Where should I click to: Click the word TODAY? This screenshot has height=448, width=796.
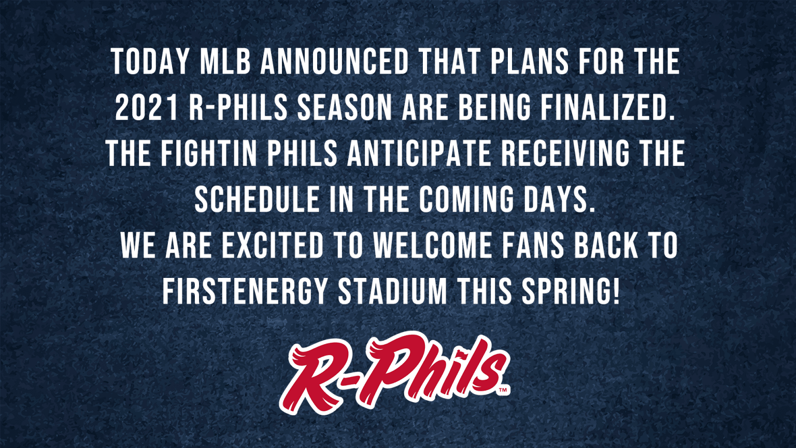click(150, 62)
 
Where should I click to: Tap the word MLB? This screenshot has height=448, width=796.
click(225, 62)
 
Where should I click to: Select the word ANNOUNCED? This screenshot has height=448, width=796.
click(335, 62)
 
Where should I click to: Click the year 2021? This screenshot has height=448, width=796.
click(147, 108)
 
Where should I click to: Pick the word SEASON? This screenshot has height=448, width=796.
click(344, 108)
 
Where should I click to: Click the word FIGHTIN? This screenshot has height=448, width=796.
click(209, 153)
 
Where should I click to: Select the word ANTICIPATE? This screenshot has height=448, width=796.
click(419, 153)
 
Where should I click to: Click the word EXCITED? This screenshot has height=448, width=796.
click(273, 245)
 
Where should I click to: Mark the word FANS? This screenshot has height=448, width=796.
click(533, 245)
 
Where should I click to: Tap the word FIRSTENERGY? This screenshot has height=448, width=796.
click(245, 291)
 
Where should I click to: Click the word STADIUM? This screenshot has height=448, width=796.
click(392, 291)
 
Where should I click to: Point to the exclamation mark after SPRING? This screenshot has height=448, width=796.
click(616, 291)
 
